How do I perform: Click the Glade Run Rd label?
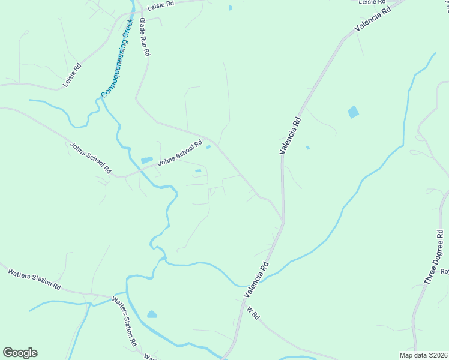pos(145,37)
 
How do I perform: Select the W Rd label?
pos(252,313)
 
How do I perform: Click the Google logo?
pos(20,353)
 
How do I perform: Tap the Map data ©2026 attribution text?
pos(423,355)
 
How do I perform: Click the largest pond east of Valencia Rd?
pos(353,112)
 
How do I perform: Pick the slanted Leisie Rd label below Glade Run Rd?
pos(73,75)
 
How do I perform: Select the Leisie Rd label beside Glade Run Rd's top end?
pos(161,4)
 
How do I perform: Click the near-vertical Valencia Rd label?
pos(289,136)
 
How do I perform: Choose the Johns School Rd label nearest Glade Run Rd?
pos(180,154)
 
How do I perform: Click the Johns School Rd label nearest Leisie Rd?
pos(91,158)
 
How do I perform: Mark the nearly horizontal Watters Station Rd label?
pos(35,280)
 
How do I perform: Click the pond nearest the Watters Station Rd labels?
pos(152,314)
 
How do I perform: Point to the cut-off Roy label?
pos(445,271)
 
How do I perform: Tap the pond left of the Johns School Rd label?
pos(146,160)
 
